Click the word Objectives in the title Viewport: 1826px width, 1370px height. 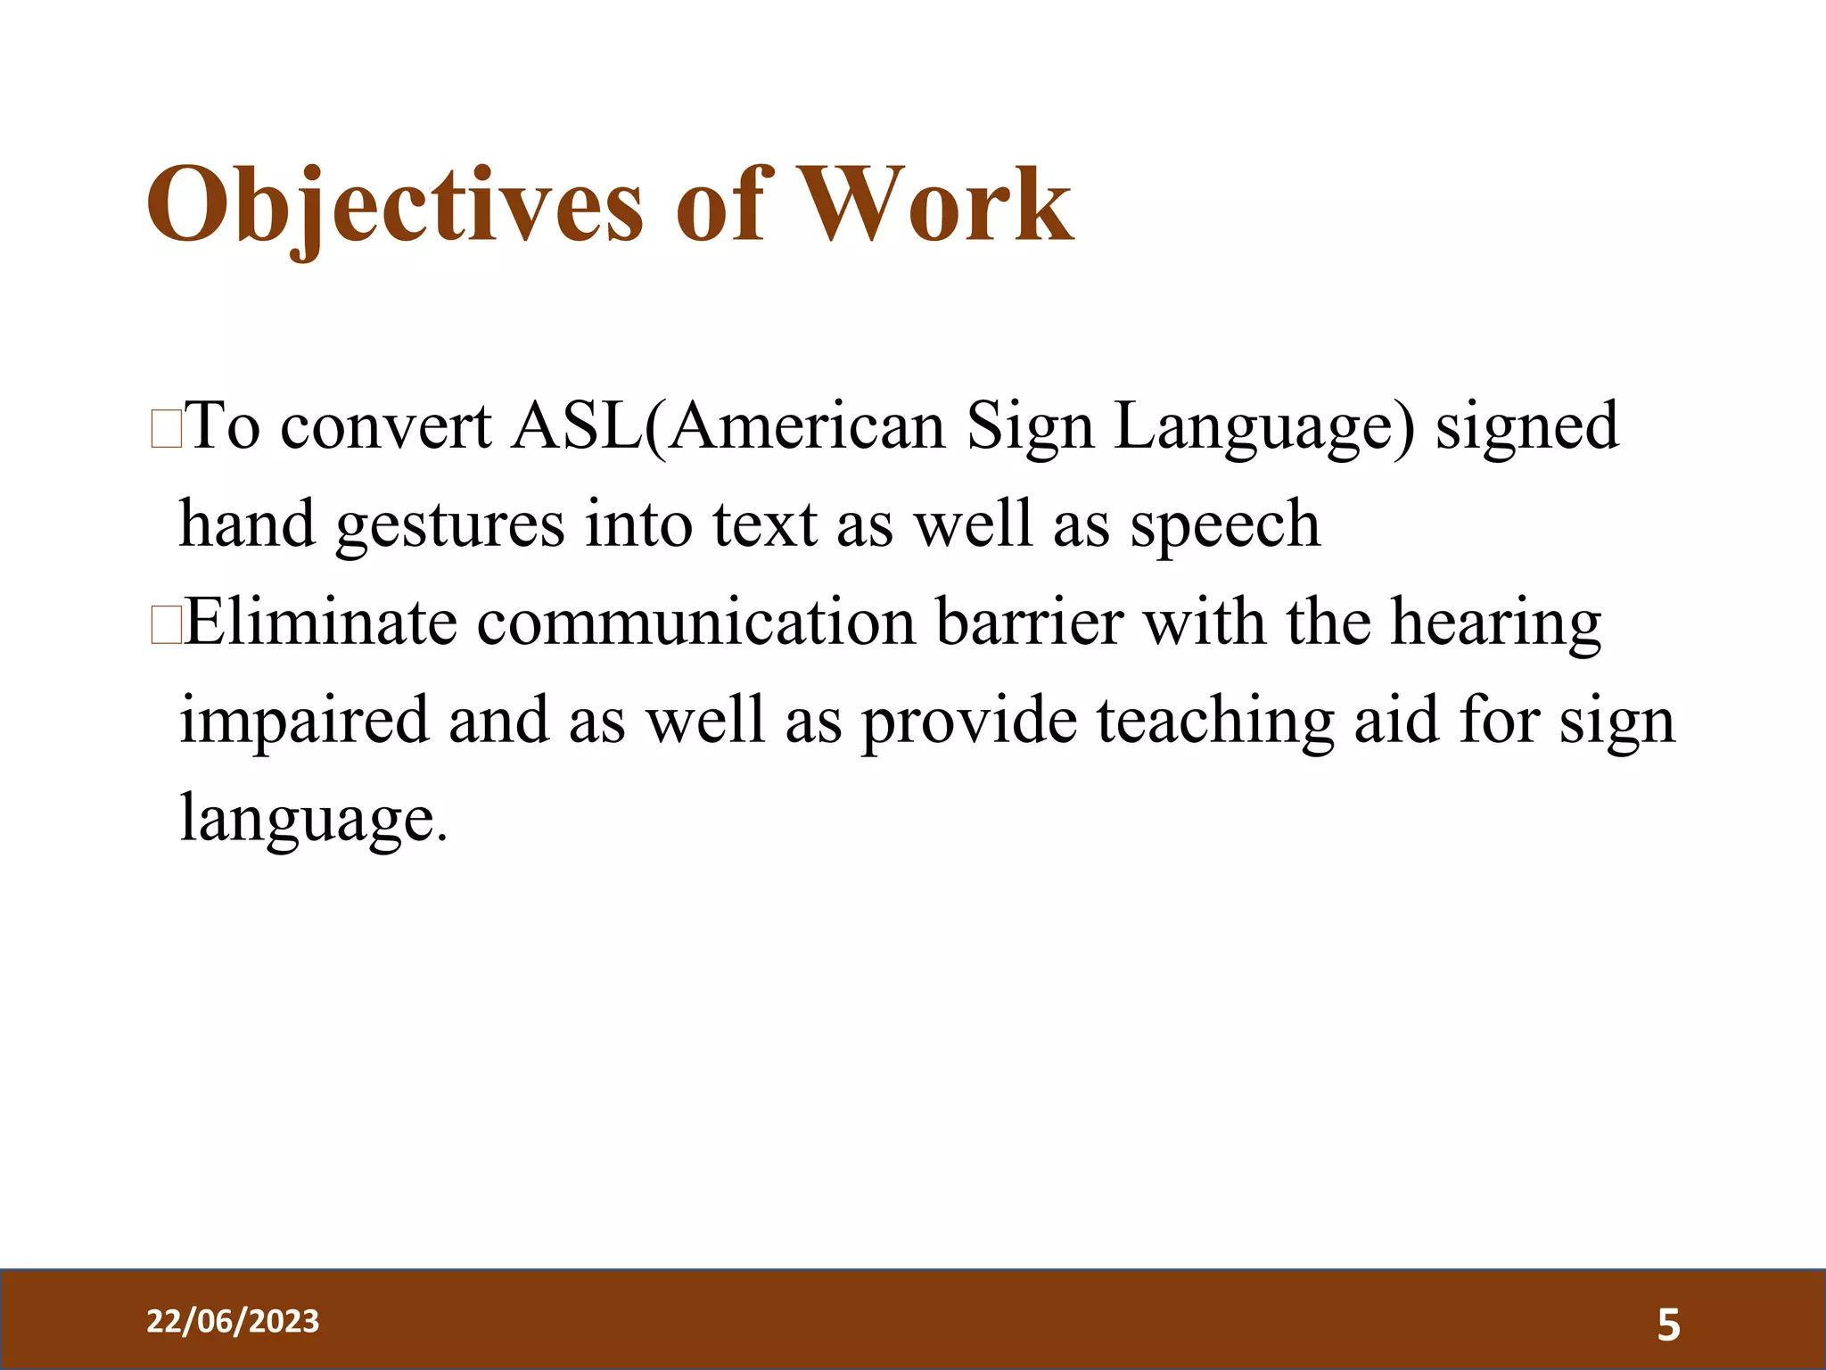(394, 207)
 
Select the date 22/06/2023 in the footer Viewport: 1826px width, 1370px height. (233, 1321)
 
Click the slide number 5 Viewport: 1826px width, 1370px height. (1668, 1325)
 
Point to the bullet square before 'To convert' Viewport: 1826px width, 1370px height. (167, 429)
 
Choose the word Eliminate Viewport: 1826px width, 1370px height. (321, 622)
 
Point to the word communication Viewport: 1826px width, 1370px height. (695, 622)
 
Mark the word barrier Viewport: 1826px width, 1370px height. (1029, 622)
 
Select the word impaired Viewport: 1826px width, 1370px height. (303, 721)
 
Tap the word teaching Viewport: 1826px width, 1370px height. (1214, 721)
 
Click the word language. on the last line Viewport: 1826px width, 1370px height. (312, 819)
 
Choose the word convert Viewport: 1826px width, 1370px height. (385, 426)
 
